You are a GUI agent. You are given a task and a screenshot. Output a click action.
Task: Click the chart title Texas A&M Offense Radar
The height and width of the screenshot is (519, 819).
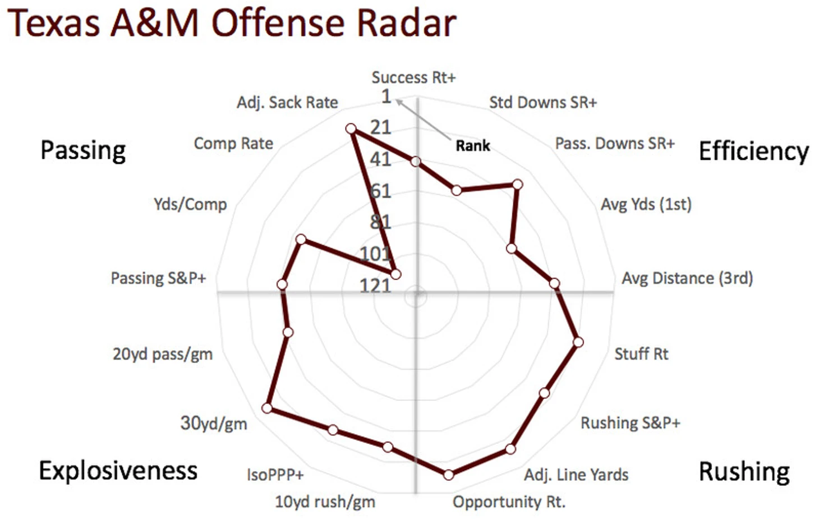232,24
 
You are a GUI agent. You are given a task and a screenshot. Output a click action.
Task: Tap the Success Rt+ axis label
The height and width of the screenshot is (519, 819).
413,77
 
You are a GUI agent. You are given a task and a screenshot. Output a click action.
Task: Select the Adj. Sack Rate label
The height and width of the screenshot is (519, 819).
287,103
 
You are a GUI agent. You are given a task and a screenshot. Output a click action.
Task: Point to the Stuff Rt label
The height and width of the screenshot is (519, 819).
641,354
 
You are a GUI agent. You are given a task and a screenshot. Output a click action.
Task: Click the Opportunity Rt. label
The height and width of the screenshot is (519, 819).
509,502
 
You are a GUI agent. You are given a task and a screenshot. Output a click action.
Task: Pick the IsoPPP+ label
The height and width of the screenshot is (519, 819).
275,475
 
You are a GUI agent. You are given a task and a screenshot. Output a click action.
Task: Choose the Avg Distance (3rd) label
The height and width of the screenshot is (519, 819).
687,278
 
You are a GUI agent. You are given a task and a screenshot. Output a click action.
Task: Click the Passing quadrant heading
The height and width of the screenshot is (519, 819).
83,150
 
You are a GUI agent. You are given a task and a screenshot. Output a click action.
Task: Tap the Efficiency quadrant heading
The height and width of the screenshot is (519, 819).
753,151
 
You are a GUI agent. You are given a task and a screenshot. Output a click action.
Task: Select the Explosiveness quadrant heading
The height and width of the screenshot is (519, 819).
118,470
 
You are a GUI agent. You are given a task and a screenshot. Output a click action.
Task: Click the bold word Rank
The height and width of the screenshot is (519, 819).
473,146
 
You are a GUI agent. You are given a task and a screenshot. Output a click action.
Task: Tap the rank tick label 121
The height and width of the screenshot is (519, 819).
375,286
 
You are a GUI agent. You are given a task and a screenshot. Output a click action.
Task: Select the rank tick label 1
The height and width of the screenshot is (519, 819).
386,97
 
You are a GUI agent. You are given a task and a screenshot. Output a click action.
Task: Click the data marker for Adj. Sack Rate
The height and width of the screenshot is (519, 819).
351,129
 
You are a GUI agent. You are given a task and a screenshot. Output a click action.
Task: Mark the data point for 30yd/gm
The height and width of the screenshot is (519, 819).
268,408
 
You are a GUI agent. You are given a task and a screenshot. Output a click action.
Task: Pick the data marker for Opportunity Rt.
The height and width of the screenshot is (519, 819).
448,475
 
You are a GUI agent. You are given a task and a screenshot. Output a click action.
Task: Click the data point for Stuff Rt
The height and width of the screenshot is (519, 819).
578,342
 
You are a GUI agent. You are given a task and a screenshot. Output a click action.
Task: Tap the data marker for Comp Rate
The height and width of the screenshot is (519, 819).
395,274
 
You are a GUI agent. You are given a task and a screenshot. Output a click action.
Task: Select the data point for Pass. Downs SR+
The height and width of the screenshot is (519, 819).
517,185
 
